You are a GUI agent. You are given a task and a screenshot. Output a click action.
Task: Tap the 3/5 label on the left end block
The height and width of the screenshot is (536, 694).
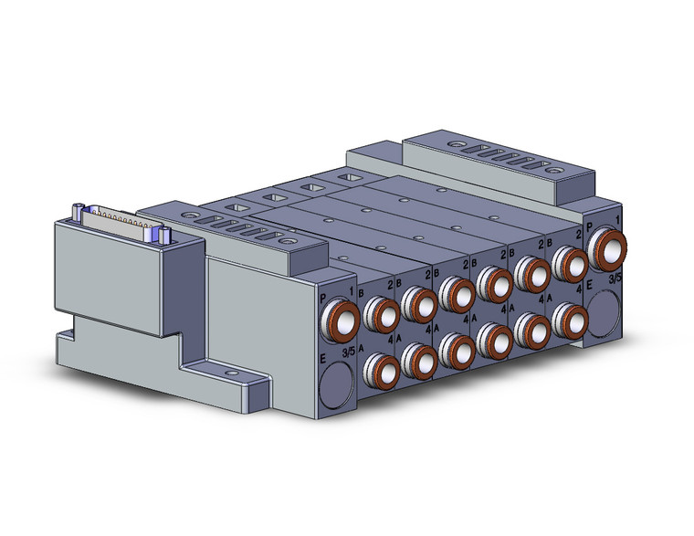tap(348, 352)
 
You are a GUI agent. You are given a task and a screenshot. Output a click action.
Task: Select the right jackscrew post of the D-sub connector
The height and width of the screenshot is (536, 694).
tap(166, 235)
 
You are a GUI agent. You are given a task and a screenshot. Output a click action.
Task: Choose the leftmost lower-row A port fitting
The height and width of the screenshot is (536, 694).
tap(381, 369)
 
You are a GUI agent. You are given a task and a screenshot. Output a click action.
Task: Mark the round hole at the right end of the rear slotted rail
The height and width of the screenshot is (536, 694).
tap(552, 169)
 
